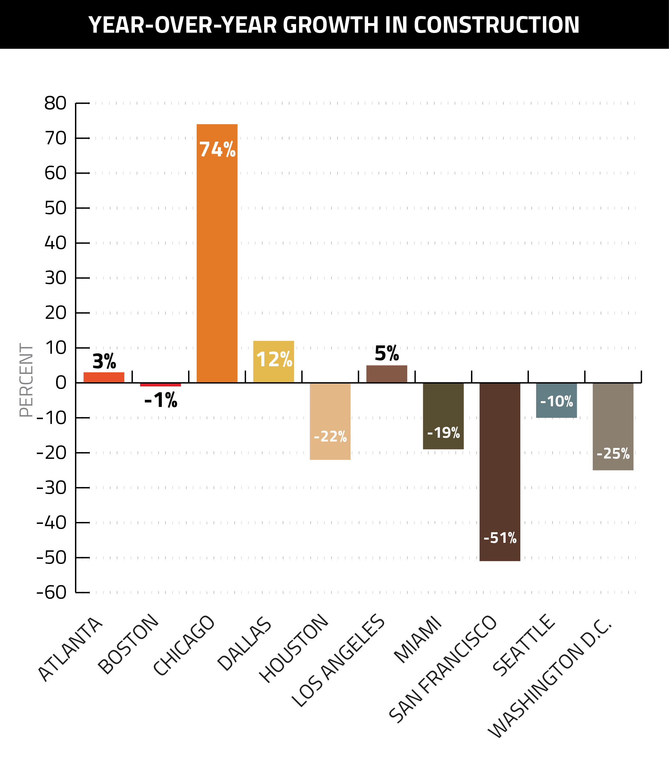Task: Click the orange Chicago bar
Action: (x=217, y=261)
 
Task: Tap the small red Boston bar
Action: (x=161, y=385)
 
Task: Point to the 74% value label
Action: (x=218, y=150)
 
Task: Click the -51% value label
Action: (x=500, y=538)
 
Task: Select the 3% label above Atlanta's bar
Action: (x=104, y=361)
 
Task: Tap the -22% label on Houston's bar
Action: (x=330, y=436)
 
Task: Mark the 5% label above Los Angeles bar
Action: (x=387, y=353)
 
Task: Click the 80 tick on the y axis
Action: (x=55, y=103)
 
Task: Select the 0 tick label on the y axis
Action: (x=61, y=383)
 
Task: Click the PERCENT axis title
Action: (x=26, y=380)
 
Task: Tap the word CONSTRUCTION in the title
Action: (x=496, y=25)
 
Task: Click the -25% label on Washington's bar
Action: (x=613, y=454)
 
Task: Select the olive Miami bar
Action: (x=443, y=409)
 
